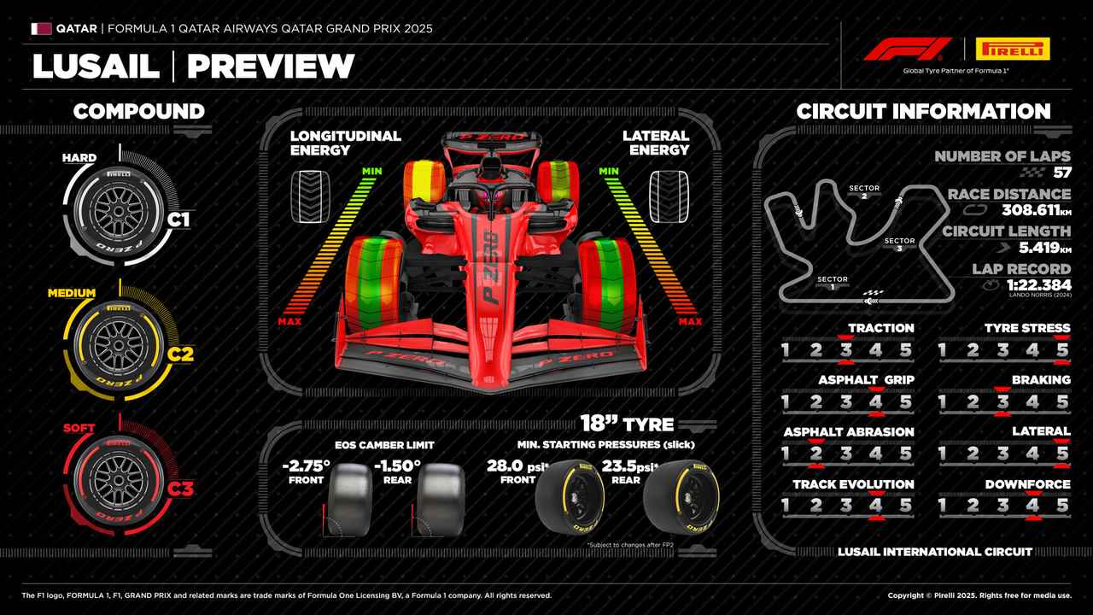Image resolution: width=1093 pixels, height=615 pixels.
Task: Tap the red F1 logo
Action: [x=907, y=49]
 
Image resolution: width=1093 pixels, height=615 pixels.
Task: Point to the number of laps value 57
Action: [x=1061, y=173]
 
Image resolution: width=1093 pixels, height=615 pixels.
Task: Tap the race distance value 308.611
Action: [x=1030, y=210]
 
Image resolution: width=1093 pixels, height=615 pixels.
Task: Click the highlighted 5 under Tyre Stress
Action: [x=1062, y=349]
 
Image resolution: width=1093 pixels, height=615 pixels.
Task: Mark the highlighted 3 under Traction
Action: [x=845, y=349]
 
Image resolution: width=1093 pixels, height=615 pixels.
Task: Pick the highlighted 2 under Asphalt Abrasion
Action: [x=815, y=454]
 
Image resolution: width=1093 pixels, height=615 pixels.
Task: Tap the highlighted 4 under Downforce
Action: [x=1032, y=506]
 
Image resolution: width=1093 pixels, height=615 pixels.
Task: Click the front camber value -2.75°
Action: [x=306, y=466]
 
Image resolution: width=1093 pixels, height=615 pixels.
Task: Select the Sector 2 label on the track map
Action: [x=864, y=191]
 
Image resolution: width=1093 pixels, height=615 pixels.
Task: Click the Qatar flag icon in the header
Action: [x=41, y=28]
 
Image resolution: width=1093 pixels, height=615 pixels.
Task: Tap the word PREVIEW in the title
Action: [x=270, y=66]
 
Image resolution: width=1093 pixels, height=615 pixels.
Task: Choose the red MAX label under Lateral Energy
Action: [x=690, y=321]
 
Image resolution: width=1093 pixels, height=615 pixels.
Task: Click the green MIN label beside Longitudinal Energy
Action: [x=371, y=172]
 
